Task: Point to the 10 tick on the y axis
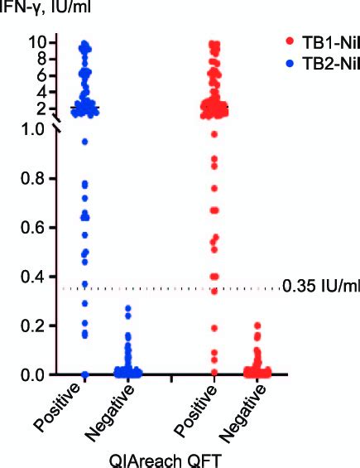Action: (38, 41)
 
